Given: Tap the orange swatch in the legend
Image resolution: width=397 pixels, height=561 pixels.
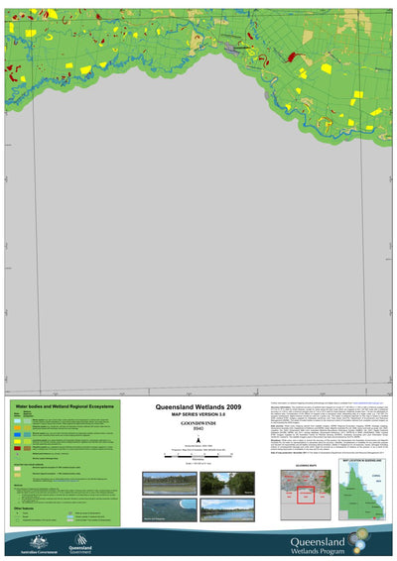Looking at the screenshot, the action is click(x=20, y=442).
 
